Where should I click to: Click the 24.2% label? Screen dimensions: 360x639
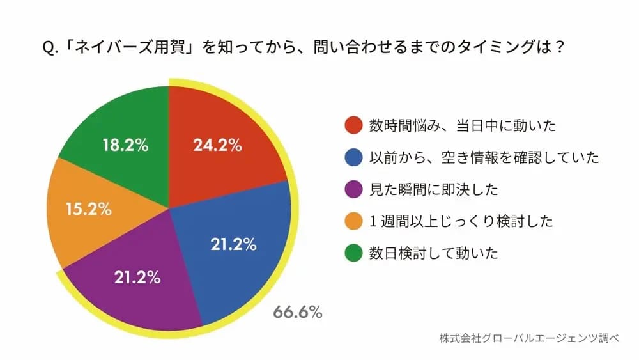coord(217,145)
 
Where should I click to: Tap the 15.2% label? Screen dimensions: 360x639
coord(89,208)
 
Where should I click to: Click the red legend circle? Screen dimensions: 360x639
coord(352,125)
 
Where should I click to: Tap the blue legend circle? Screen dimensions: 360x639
coord(352,157)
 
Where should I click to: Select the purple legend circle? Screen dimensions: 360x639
coord(352,189)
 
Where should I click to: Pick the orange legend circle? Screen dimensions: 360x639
coord(352,221)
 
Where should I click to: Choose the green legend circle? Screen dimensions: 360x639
coord(352,253)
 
